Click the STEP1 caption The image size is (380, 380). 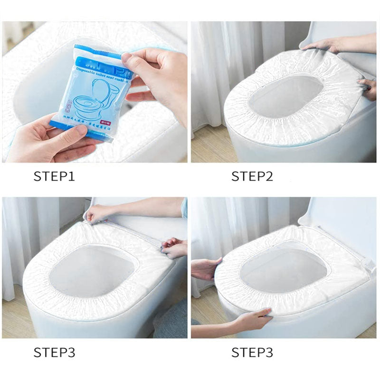pyautogui.click(x=54, y=177)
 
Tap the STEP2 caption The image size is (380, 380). pyautogui.click(x=252, y=177)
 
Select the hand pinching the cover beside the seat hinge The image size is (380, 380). pyautogui.click(x=175, y=247)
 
